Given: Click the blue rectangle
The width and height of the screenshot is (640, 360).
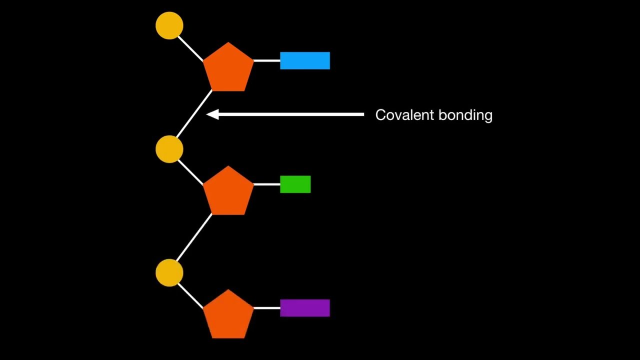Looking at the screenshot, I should click(x=305, y=60).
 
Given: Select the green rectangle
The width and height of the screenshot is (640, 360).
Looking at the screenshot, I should click(x=295, y=184).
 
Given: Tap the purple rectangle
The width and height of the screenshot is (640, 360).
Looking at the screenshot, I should click(x=305, y=307).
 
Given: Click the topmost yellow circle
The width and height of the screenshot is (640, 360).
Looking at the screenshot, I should click(x=169, y=25).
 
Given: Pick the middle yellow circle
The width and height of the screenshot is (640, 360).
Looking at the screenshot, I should click(x=169, y=149).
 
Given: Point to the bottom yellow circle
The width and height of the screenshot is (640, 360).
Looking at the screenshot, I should click(x=169, y=273).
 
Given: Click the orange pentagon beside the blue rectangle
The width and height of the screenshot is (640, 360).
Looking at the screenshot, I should click(x=228, y=68).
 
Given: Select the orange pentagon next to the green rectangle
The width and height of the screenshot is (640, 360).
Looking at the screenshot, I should click(x=228, y=191).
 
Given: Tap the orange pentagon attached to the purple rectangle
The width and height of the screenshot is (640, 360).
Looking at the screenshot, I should click(x=228, y=315).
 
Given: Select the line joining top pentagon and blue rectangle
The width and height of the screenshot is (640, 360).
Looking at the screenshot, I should click(x=266, y=60).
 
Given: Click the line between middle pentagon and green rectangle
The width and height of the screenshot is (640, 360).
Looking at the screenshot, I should click(x=266, y=184).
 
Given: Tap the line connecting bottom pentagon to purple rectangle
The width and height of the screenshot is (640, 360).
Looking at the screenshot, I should click(x=266, y=307).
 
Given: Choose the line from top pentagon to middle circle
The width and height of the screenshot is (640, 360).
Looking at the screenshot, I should click(x=194, y=114).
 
